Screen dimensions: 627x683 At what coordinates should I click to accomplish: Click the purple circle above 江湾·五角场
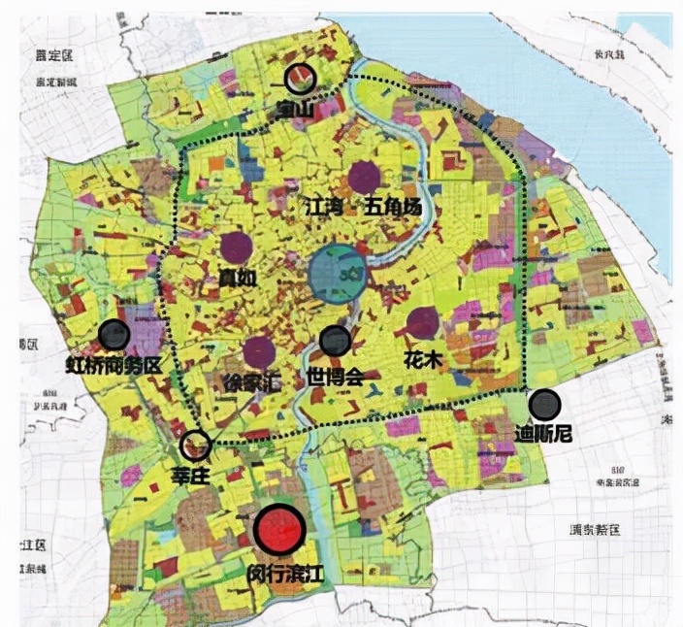click(x=363, y=177)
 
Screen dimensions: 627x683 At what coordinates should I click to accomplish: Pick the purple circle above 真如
click(x=236, y=248)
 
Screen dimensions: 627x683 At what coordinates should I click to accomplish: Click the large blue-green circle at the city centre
click(x=336, y=274)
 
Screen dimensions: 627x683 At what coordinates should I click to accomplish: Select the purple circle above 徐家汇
click(x=258, y=351)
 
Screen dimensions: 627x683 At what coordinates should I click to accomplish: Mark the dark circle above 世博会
click(x=335, y=340)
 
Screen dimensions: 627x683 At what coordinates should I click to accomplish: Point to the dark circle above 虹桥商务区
click(x=114, y=335)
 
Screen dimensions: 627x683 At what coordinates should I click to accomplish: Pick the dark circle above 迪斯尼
click(x=544, y=404)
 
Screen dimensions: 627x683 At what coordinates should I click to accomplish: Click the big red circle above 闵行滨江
click(x=279, y=530)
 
